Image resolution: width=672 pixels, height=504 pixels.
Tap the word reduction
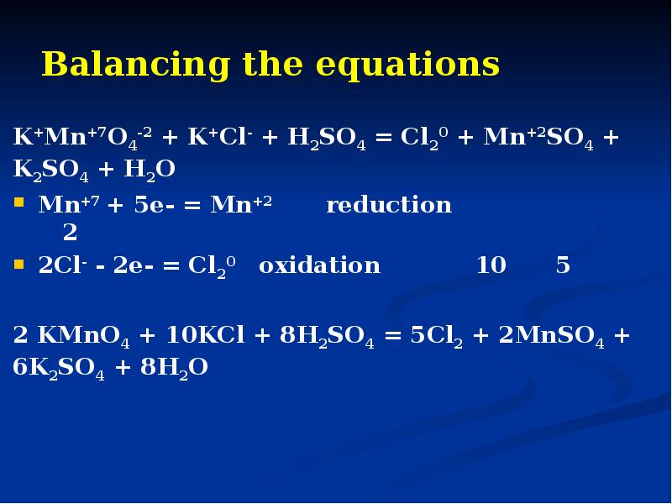click(x=389, y=205)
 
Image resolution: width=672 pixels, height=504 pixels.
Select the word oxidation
click(x=319, y=265)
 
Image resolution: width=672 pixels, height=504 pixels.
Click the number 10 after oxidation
click(x=491, y=265)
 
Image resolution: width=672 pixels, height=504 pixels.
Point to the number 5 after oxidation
click(x=563, y=265)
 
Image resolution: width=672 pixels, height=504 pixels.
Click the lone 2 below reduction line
click(x=71, y=233)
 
